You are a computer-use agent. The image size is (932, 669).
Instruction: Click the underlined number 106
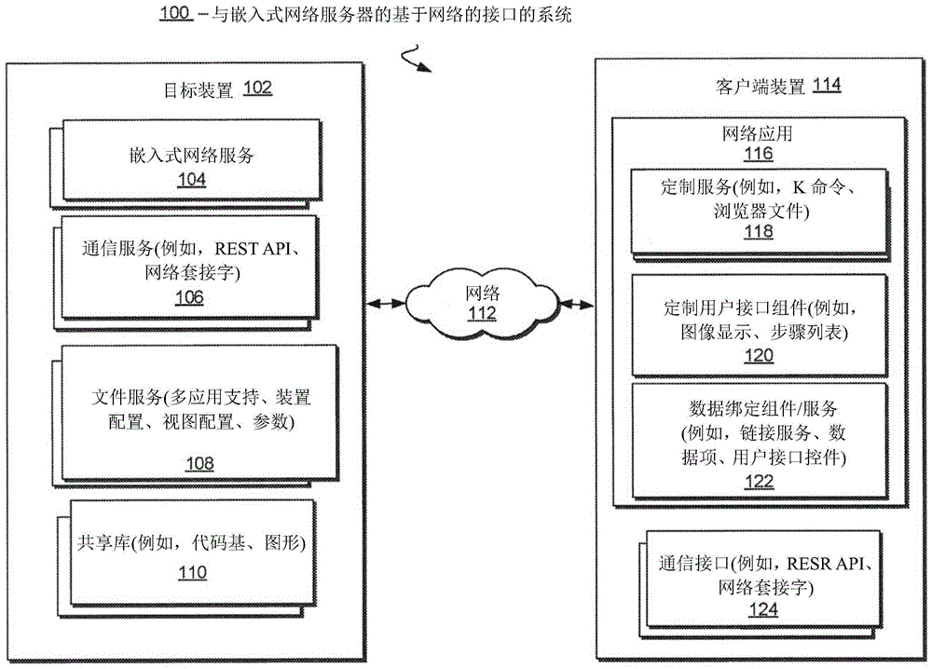point(188,297)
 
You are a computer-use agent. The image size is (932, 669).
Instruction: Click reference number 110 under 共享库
point(192,572)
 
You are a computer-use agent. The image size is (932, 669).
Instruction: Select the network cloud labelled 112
point(482,302)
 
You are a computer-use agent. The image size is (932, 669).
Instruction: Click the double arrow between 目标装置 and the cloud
point(386,304)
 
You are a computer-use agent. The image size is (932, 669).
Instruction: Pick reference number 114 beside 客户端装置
point(826,86)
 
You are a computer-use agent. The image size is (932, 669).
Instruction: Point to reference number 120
point(759,354)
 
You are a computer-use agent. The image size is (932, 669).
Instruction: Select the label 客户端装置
point(760,87)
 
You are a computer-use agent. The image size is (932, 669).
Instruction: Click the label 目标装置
point(199,89)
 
